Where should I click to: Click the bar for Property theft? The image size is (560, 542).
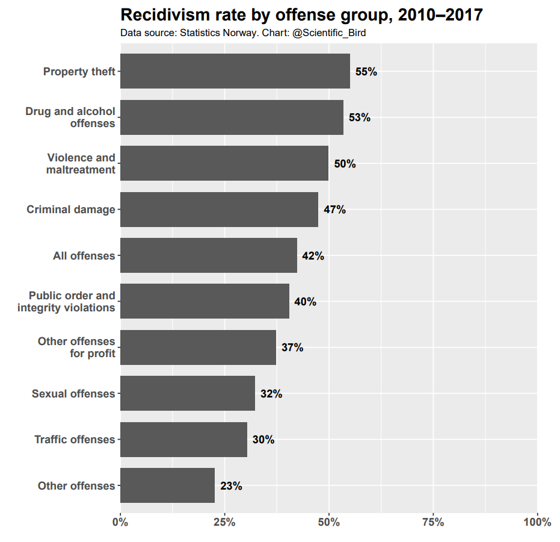click(235, 71)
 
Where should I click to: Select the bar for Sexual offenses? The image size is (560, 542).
click(188, 393)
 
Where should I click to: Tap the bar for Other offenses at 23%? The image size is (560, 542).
click(167, 485)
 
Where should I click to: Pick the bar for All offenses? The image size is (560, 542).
click(209, 255)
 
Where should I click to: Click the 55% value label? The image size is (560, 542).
click(366, 72)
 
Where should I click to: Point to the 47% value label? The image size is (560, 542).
click(334, 210)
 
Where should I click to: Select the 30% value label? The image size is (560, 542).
click(263, 440)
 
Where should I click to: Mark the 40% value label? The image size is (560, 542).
click(305, 302)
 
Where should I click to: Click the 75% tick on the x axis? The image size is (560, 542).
click(433, 522)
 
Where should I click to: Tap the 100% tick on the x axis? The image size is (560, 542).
click(537, 522)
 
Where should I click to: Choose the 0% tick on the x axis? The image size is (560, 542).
click(120, 522)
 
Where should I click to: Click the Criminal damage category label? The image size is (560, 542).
click(70, 210)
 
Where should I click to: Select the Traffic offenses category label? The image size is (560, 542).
click(75, 440)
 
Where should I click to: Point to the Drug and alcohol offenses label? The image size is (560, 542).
click(70, 117)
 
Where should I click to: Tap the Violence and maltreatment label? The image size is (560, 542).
click(81, 163)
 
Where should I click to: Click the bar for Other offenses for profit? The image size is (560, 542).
click(198, 347)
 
